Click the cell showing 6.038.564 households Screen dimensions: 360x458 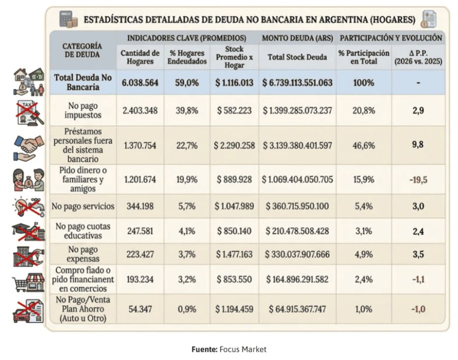[140, 82]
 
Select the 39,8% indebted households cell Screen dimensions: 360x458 [187, 110]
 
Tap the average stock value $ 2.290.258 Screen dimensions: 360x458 [234, 145]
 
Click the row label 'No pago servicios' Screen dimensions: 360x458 [82, 207]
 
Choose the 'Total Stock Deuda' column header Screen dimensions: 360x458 [297, 57]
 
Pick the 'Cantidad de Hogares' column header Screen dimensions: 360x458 [140, 57]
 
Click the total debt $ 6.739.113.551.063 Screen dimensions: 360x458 [297, 82]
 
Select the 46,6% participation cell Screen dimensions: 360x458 [364, 145]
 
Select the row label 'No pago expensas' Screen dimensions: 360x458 [82, 255]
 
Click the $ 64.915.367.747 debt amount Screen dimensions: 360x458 [297, 309]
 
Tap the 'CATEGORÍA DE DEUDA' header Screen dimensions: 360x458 [82, 49]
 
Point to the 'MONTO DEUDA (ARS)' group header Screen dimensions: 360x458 [297, 38]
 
